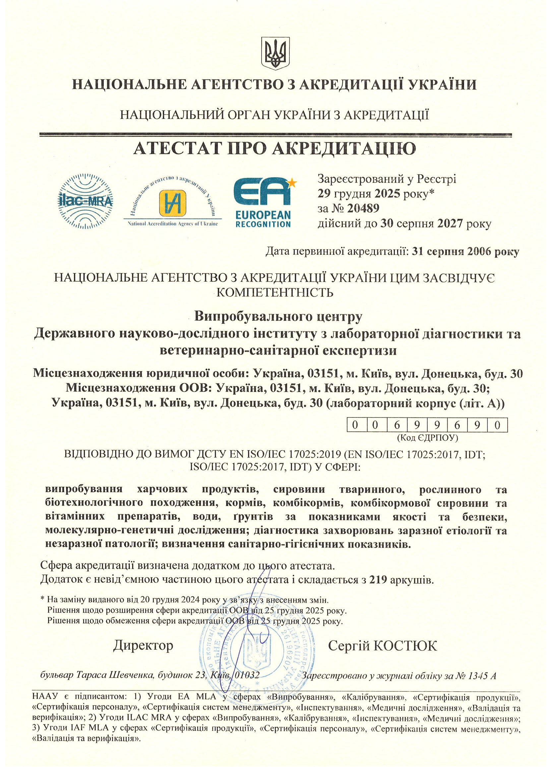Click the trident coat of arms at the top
tap(276, 54)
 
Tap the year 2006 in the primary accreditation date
tap(473, 252)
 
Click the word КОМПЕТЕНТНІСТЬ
tap(275, 292)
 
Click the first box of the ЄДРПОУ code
tap(355, 425)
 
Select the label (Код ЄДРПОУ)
tap(427, 438)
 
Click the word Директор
tap(143, 645)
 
